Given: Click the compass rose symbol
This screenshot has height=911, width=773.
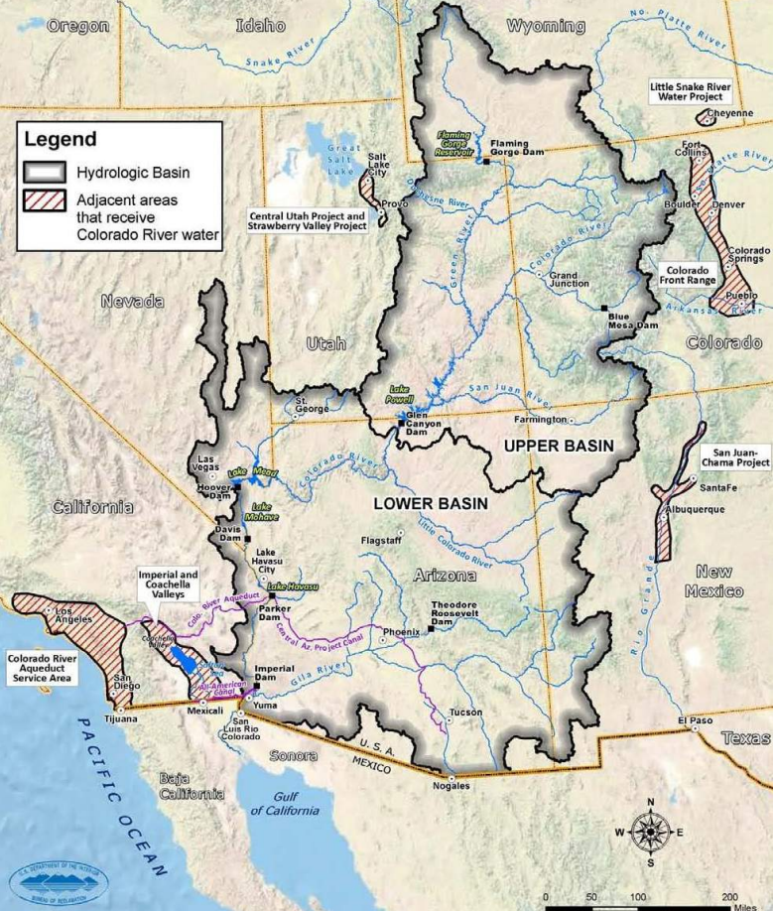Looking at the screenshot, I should click(650, 831).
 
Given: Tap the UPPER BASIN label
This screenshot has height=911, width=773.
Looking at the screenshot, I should click(558, 446).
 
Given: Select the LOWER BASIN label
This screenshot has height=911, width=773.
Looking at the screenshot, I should click(431, 504).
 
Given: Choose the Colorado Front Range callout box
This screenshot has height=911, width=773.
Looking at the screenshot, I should click(687, 276).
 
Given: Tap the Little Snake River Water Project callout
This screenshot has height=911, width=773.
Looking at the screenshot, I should click(690, 92).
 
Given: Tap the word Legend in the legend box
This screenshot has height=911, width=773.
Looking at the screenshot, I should click(61, 139).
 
